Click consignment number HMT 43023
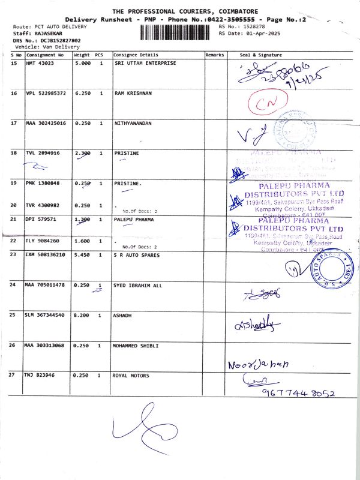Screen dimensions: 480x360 click(40, 62)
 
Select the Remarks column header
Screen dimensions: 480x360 click(214, 55)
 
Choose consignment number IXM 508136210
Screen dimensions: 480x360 click(45, 255)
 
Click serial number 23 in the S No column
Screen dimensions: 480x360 click(14, 255)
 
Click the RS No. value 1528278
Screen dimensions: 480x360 click(255, 27)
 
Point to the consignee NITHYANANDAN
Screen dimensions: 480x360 click(133, 123)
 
